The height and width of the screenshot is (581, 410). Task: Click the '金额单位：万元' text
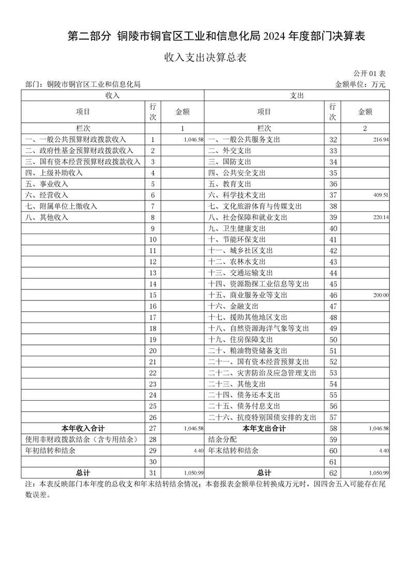360,84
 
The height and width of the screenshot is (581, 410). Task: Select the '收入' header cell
113,96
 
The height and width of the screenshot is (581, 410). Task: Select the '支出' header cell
296,96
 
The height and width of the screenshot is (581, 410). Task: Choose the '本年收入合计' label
83,429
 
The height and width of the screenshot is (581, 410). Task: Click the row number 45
333,284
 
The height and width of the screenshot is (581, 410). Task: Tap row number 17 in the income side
153,317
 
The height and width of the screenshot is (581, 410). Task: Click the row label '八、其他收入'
47,217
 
